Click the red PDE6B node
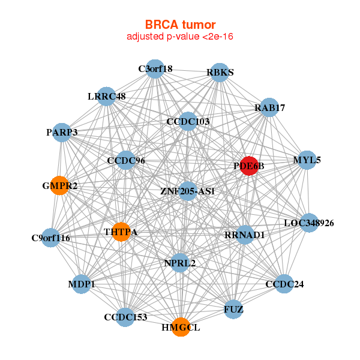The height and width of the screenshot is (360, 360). tap(249, 166)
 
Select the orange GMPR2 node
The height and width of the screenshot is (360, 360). tap(59, 185)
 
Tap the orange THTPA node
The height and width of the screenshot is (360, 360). tap(121, 232)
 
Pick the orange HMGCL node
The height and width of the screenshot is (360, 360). tap(181, 327)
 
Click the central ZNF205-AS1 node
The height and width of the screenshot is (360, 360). tap(188, 191)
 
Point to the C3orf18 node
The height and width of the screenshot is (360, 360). tap(155, 68)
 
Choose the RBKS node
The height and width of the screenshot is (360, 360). tap(220, 72)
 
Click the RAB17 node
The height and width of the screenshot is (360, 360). tap(269, 107)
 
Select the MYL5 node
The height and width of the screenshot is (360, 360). tap(307, 160)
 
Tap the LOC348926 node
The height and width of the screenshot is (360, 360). tap(309, 223)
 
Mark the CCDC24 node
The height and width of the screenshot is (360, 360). tap(284, 284)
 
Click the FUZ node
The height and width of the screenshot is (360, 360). tap(233, 310)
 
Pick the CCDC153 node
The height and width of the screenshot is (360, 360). tap(125, 317)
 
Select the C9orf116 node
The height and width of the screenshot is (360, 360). tap(51, 238)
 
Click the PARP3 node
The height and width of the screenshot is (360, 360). tap(62, 132)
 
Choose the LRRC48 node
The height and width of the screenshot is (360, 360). tap(106, 96)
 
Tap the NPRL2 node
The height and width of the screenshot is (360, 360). tap(180, 262)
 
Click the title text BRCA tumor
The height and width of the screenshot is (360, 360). tap(180, 25)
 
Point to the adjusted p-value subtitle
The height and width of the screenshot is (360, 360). tap(180, 37)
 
